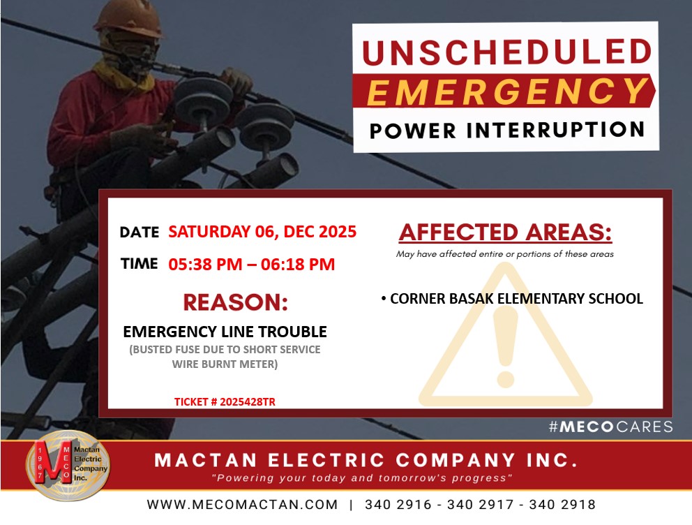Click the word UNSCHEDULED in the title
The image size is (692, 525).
(506, 52)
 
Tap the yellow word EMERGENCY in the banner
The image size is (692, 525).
(508, 91)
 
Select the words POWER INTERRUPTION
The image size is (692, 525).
(507, 131)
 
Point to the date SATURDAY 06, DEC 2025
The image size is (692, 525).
(262, 232)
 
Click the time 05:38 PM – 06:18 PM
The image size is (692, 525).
(252, 264)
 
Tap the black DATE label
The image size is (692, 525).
(140, 232)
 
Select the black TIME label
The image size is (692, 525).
(140, 264)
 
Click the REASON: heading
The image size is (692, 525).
(236, 302)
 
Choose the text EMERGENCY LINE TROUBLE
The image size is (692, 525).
(225, 332)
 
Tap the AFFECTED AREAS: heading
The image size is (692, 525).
(505, 232)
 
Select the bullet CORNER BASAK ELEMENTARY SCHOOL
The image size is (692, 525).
(512, 299)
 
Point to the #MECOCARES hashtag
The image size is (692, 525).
(611, 427)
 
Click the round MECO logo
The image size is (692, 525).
(68, 466)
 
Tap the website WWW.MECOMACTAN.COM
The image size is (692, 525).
(242, 504)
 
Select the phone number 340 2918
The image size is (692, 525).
(562, 504)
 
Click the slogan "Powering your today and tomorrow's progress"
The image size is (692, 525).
(362, 478)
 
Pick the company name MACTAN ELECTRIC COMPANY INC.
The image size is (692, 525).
(366, 460)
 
